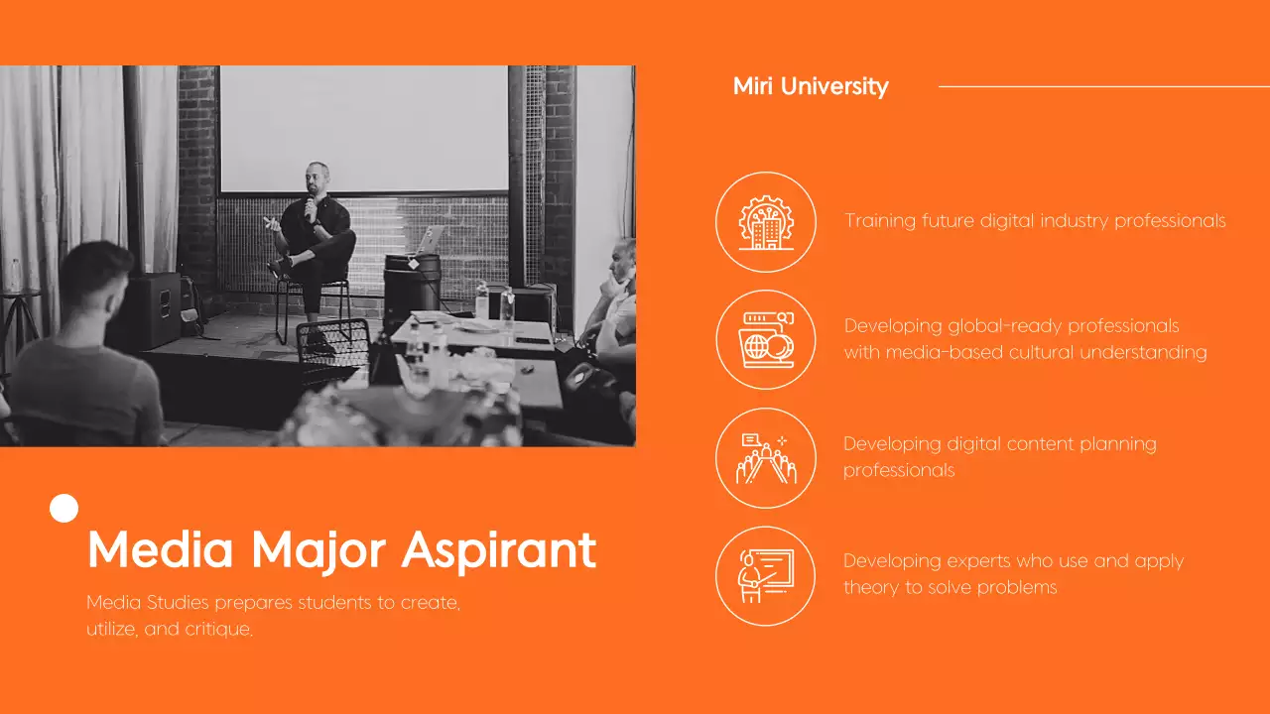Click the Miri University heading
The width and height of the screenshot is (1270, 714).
point(811,86)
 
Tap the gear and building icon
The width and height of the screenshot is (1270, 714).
point(765,222)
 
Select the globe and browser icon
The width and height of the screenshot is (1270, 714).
point(765,339)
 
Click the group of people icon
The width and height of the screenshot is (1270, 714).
point(765,458)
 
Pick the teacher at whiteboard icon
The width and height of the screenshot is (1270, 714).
point(765,576)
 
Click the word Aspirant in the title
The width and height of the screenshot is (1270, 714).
point(499,549)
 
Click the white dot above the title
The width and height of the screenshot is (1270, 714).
point(63,509)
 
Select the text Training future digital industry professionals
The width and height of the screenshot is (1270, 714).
point(1035,221)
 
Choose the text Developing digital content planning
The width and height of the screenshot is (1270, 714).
point(999,444)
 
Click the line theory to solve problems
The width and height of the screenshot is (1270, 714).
point(950,587)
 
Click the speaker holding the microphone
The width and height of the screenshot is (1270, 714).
point(314,233)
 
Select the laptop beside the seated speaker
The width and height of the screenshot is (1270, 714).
point(431,240)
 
